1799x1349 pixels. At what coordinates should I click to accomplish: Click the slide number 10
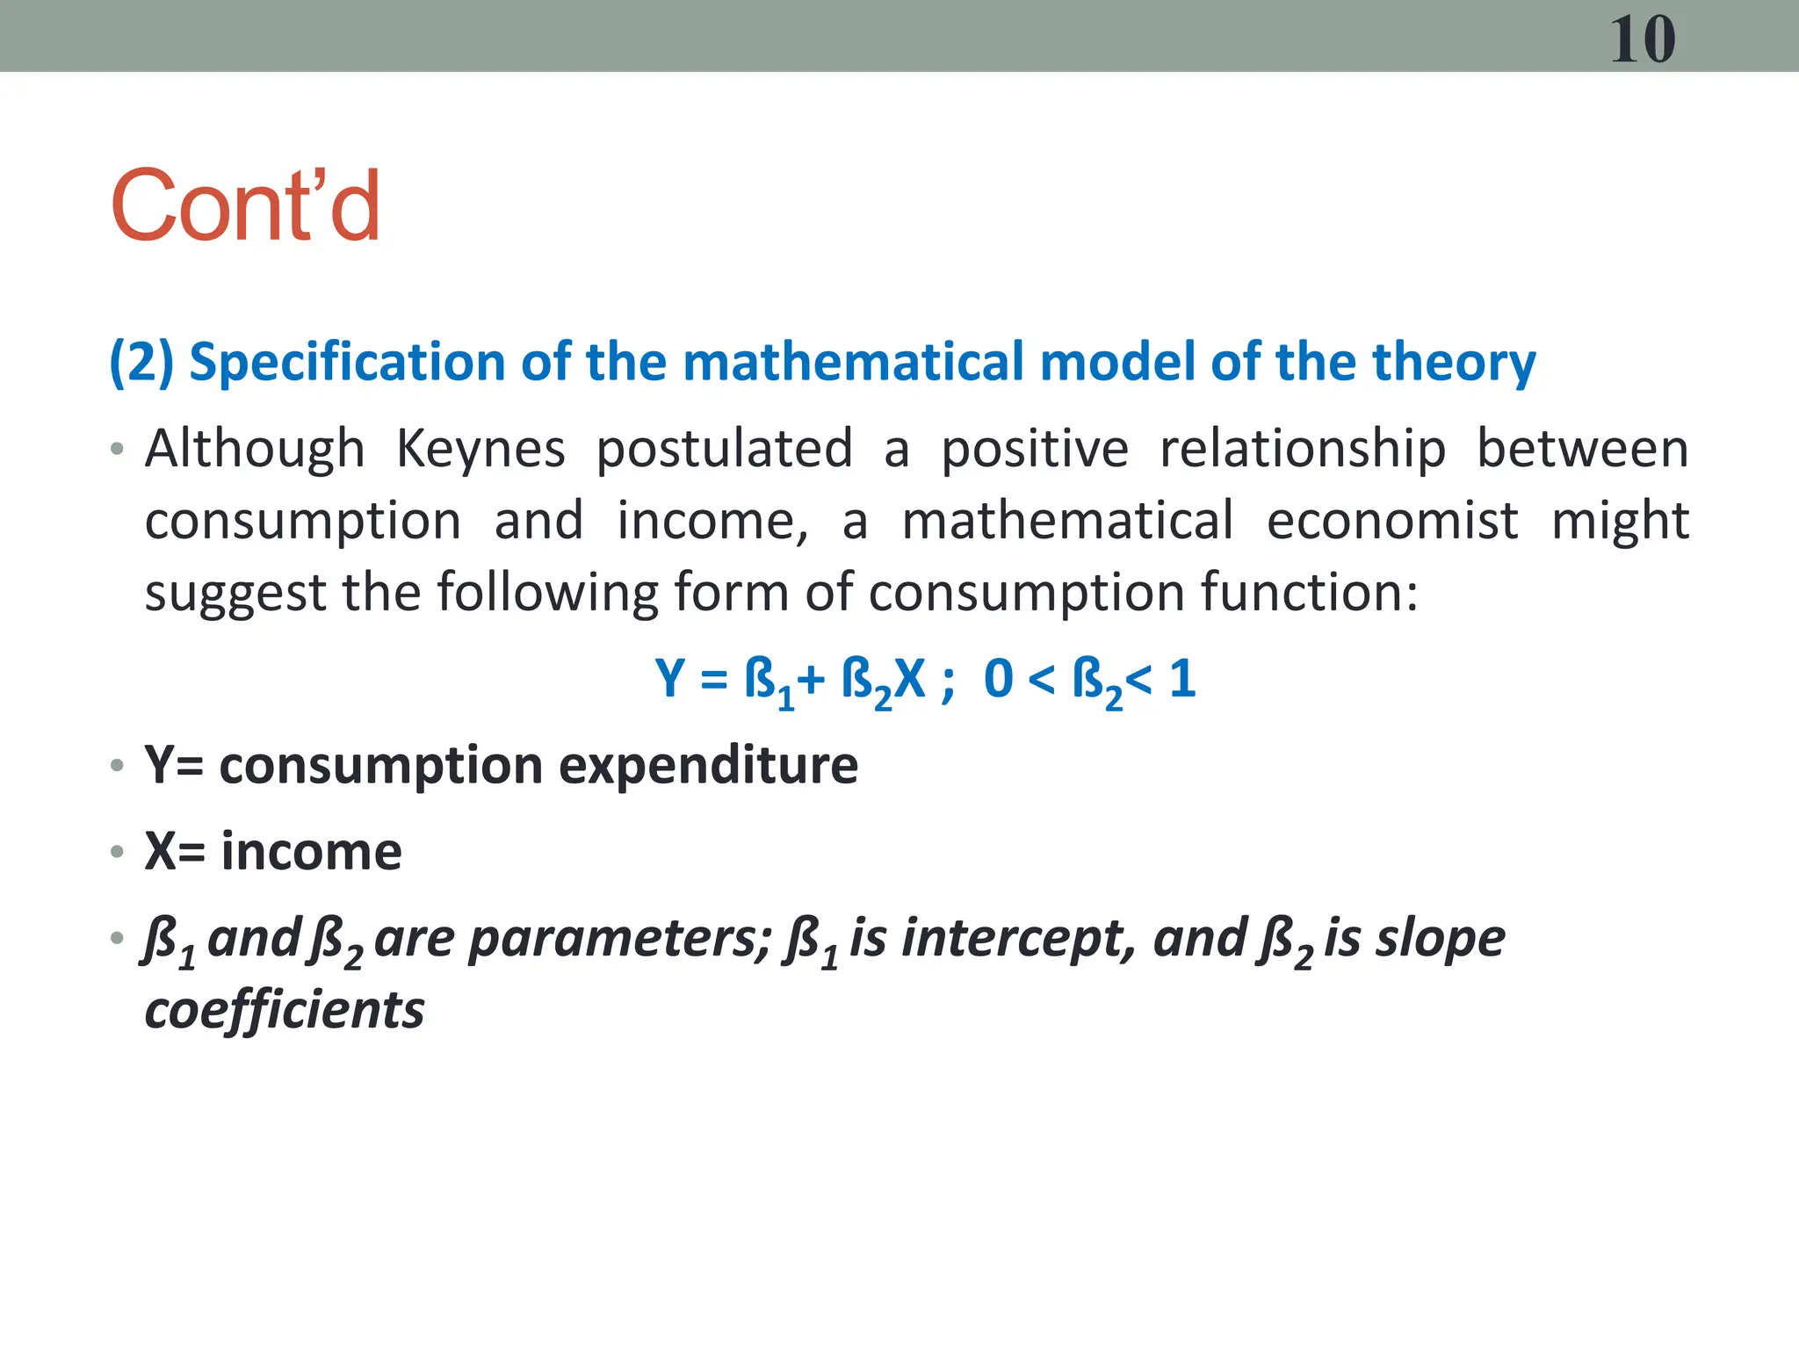pos(1642,40)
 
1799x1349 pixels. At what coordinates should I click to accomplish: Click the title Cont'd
pos(245,206)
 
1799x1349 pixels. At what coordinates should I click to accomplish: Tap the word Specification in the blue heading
pos(347,362)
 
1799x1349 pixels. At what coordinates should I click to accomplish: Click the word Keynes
pos(480,449)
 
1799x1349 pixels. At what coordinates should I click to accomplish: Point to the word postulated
pos(725,451)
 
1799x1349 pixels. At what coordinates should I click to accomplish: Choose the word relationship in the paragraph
pos(1303,451)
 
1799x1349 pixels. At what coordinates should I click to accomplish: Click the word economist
pos(1392,521)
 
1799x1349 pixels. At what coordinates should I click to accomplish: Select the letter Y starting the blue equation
pos(670,679)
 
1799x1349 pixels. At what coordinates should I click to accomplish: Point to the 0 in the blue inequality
pos(999,679)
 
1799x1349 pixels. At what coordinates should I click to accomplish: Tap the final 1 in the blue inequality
pos(1182,679)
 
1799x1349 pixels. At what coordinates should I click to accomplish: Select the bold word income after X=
pos(311,851)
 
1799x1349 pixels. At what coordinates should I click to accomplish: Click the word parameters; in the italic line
pos(619,940)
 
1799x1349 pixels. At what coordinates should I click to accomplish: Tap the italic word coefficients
pos(285,1010)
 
